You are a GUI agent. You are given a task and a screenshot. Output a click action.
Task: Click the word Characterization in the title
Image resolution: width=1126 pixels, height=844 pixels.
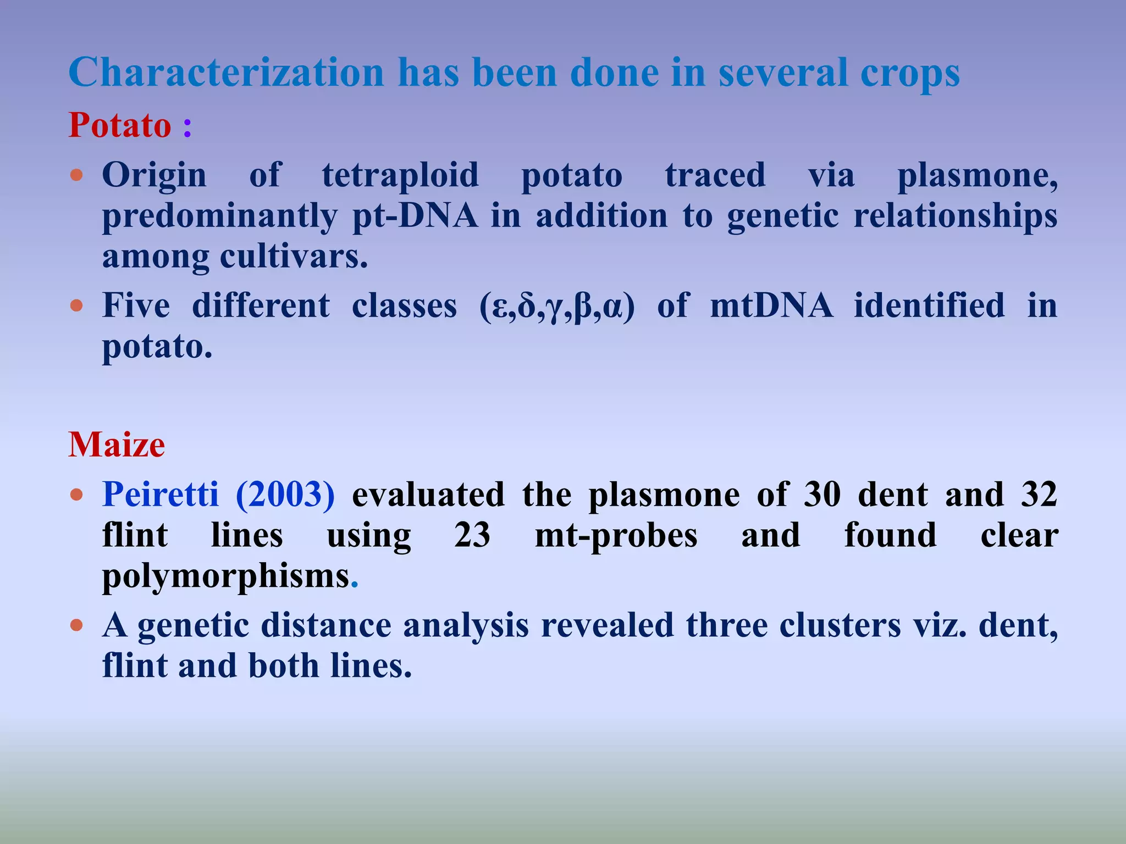(226, 73)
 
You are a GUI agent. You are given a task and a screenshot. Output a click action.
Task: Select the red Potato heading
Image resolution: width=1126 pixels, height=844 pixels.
(120, 125)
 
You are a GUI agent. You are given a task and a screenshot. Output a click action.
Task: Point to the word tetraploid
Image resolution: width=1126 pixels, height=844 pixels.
(400, 176)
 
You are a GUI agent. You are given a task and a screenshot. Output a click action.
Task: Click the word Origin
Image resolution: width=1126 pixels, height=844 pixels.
(154, 176)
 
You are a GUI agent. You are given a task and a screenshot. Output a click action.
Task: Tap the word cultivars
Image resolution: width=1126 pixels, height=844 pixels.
(292, 256)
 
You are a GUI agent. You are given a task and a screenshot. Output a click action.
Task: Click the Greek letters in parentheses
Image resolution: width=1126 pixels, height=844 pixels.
(557, 306)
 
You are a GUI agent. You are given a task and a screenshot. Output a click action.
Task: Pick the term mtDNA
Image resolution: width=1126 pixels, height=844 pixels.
(771, 306)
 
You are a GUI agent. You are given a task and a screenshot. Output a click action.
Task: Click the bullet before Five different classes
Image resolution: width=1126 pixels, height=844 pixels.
(77, 306)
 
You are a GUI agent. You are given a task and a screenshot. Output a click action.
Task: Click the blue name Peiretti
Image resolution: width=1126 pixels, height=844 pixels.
(160, 494)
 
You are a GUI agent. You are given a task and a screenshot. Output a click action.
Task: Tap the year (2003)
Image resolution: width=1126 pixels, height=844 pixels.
(285, 494)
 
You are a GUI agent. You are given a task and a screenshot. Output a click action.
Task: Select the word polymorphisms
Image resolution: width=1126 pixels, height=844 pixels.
(226, 577)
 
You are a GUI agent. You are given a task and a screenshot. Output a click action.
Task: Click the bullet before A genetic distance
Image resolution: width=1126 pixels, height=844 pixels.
(77, 625)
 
